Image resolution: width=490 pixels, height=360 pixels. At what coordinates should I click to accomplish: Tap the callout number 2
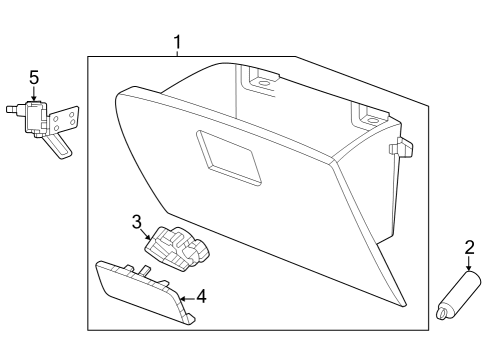coord(467,247)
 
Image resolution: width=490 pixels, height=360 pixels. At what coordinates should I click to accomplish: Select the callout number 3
coord(138,221)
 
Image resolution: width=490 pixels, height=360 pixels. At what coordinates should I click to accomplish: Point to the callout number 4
coord(200,297)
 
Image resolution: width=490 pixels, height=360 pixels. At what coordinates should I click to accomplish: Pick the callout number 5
coord(33,77)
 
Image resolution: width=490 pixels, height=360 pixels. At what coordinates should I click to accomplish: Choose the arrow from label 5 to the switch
coord(33,93)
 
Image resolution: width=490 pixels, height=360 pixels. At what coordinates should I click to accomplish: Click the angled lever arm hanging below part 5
coord(60,146)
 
